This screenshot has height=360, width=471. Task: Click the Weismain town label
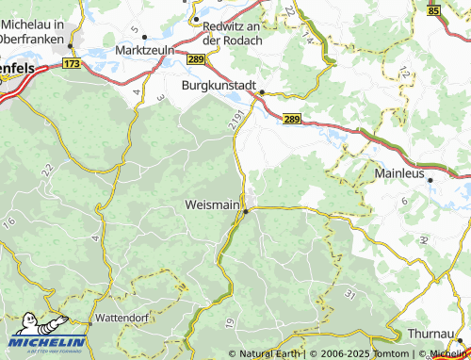[x=212, y=204]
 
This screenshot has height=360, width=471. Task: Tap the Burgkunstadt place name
[x=219, y=84]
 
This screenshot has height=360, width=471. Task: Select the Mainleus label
[x=401, y=173]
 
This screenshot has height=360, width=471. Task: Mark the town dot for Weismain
[x=246, y=212]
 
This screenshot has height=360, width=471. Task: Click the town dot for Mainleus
[x=430, y=179]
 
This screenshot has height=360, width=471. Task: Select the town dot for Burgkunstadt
[x=263, y=92]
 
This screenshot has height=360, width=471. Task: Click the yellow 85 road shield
[x=433, y=9]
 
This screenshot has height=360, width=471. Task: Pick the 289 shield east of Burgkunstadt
[x=291, y=119]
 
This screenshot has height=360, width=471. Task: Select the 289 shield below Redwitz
[x=195, y=59]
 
